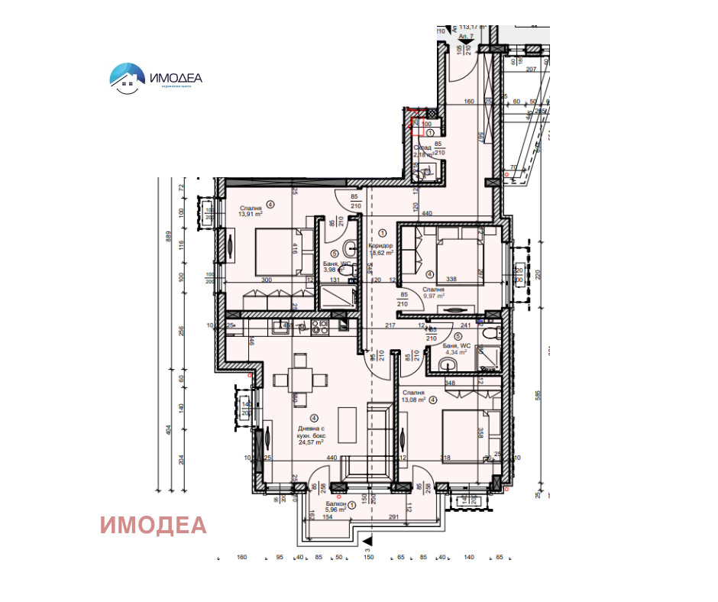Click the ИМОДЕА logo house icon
127,76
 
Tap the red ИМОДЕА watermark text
154,525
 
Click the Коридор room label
380,246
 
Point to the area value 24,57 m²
311,442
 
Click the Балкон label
337,504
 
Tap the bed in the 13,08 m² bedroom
465,433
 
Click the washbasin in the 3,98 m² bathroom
351,247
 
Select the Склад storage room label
422,147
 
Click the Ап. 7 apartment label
466,36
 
